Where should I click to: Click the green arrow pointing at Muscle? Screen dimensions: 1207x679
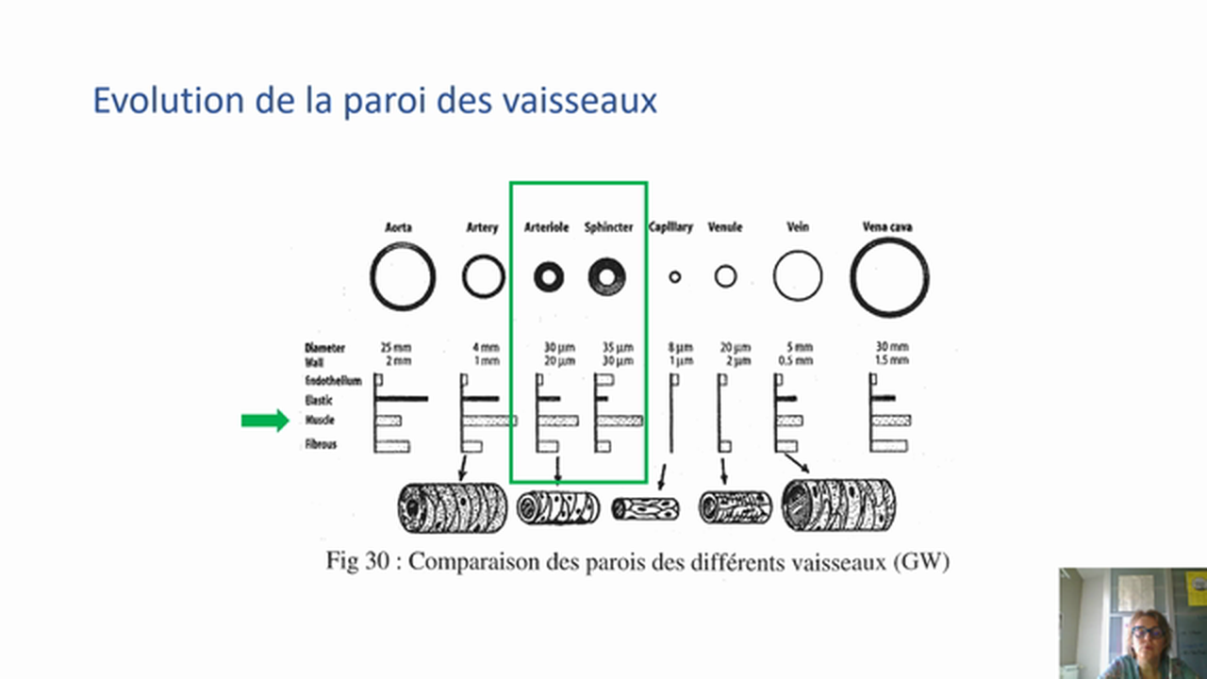(265, 421)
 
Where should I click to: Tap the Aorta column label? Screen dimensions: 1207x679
(398, 227)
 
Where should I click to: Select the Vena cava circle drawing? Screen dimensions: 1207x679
(888, 277)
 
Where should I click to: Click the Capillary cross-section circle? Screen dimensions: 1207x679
(674, 276)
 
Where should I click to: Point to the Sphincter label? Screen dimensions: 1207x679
(608, 227)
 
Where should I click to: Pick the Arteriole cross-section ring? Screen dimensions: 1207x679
(548, 276)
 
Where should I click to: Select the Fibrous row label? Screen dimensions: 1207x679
(322, 444)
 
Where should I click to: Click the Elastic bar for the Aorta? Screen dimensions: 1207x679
(402, 399)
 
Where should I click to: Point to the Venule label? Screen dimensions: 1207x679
(725, 227)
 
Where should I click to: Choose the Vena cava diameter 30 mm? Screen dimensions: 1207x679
(891, 348)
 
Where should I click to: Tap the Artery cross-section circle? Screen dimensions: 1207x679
(484, 276)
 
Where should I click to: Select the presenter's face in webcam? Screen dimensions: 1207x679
(1147, 633)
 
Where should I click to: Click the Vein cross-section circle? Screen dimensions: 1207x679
(798, 276)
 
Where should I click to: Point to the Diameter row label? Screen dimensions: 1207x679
(325, 348)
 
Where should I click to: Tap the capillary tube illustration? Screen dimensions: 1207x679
(646, 509)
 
